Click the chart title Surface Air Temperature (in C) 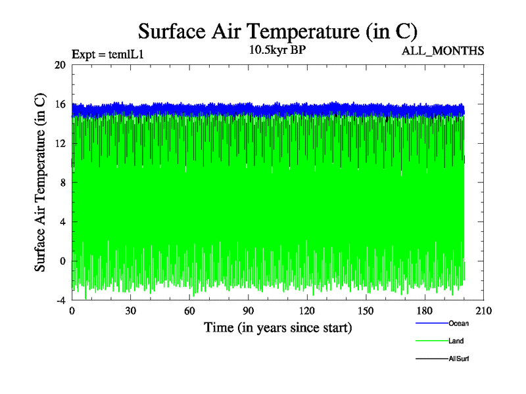coord(278,31)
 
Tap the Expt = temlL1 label coord(108,55)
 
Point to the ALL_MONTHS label coord(442,51)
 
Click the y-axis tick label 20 coord(60,65)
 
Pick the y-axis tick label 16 coord(60,104)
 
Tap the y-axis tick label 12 coord(60,143)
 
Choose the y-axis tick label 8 coord(62,183)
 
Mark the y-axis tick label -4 coord(60,300)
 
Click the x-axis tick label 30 coord(131,311)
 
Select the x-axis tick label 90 coord(249,311)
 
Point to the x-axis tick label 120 coord(307,311)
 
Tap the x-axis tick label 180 coord(425,311)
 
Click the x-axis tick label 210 coord(483,311)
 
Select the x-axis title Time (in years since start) coord(277,327)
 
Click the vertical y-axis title coord(40,183)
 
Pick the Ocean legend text coord(458,323)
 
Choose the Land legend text coord(456,341)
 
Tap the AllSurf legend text coord(458,359)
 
